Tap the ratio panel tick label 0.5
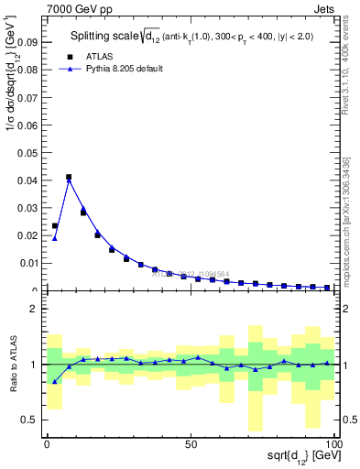(29, 420)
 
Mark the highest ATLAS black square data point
(69, 177)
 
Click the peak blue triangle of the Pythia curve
(69, 180)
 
